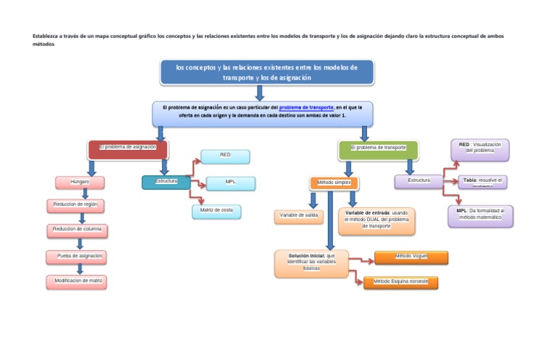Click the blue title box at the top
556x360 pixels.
pyautogui.click(x=266, y=72)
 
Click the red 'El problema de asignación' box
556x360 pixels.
pyautogui.click(x=128, y=149)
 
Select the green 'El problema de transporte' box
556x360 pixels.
pyautogui.click(x=378, y=149)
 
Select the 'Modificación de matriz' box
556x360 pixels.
pyautogui.click(x=79, y=281)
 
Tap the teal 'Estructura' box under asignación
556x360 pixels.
pyautogui.click(x=166, y=182)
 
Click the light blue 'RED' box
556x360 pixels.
pyautogui.click(x=225, y=156)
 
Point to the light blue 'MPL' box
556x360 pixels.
pyautogui.click(x=230, y=183)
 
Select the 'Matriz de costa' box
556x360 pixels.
pyautogui.click(x=216, y=212)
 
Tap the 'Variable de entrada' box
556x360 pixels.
pyautogui.click(x=376, y=221)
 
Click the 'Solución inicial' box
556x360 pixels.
pyautogui.click(x=311, y=264)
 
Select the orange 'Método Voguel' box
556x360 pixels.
pyautogui.click(x=411, y=257)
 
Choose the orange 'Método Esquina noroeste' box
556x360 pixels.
pyautogui.click(x=400, y=282)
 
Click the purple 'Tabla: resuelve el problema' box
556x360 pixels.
pyautogui.click(x=482, y=181)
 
